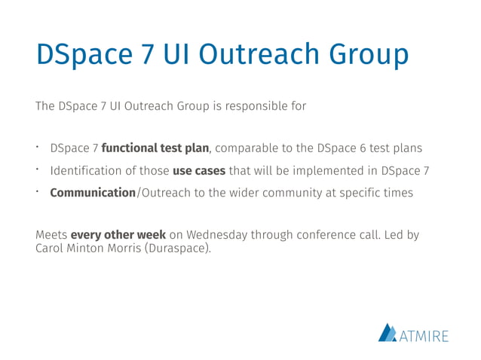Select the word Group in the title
click(x=366, y=55)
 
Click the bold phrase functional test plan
click(x=155, y=148)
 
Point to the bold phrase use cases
click(x=199, y=171)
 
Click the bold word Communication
click(x=92, y=193)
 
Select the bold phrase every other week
click(x=118, y=235)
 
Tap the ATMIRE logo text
click(x=424, y=333)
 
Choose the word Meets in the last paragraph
click(x=51, y=235)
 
